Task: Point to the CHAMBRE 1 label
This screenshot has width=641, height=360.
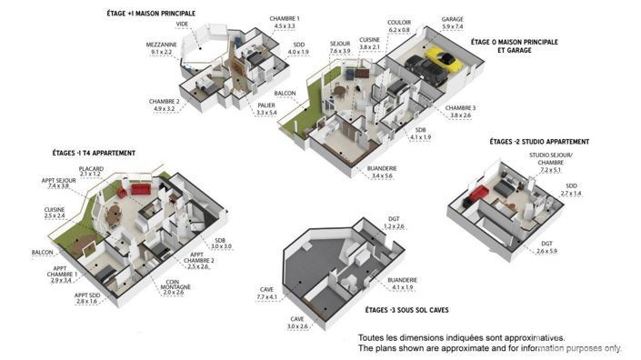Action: click(x=285, y=19)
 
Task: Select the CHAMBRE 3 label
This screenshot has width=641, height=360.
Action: click(x=459, y=108)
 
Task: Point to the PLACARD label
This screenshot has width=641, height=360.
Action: click(x=91, y=169)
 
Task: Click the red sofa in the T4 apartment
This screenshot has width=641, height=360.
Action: click(x=139, y=190)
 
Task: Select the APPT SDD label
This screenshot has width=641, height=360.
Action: click(x=87, y=295)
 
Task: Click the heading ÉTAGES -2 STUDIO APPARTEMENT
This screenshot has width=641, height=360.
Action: click(x=539, y=142)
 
